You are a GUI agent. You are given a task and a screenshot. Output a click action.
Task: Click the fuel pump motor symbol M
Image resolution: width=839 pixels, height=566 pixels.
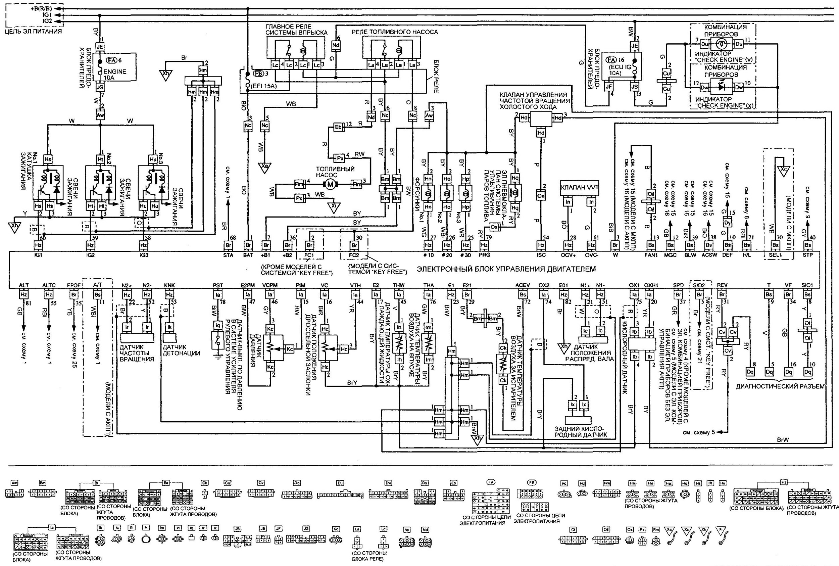330,184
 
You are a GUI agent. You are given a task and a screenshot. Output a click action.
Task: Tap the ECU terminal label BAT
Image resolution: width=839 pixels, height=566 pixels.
248,255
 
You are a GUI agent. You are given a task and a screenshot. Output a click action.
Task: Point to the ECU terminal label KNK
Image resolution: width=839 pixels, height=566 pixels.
169,285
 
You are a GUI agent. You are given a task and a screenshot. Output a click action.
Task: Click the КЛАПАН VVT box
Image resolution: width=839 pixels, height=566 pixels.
579,188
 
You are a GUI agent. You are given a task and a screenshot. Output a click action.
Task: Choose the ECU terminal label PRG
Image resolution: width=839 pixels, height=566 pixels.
484,255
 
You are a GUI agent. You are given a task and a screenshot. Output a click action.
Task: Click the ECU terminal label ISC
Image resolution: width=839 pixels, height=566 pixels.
541,255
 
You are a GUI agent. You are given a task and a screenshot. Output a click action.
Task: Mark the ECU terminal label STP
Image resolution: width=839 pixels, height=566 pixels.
807,255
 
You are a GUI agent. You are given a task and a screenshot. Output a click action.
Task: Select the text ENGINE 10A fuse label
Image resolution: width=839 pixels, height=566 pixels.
115,75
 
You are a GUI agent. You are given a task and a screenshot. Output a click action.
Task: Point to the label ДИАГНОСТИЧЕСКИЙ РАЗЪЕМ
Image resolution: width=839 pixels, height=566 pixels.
780,387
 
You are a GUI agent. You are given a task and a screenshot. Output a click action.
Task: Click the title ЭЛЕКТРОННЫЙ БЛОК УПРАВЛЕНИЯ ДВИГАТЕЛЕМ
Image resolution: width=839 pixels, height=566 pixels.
506,269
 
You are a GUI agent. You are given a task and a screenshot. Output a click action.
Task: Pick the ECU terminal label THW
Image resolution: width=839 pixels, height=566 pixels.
399,285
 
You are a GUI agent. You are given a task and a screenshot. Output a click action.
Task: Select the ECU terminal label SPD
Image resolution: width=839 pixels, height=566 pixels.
679,285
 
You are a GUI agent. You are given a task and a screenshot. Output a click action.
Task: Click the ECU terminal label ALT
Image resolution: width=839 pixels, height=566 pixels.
24,285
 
